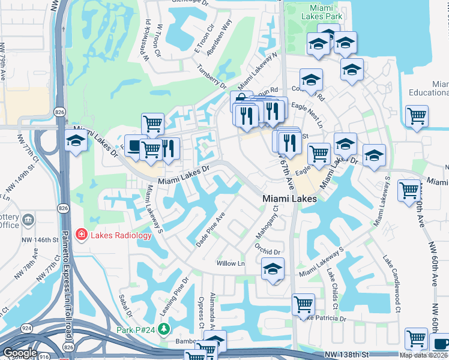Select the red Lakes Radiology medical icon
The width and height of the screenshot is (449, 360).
click(x=82, y=235)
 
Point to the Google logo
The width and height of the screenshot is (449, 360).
click(x=20, y=353)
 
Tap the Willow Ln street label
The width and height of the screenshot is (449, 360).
click(x=231, y=263)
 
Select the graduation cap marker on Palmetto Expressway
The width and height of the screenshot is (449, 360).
click(x=76, y=142)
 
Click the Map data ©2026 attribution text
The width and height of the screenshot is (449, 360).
click(x=424, y=355)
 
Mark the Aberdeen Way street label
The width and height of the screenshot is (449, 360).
click(x=218, y=39)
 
